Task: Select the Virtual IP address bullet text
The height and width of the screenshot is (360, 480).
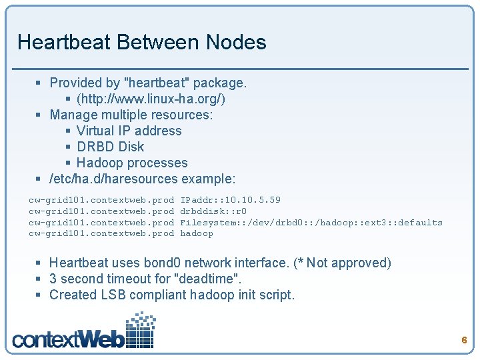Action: point(129,131)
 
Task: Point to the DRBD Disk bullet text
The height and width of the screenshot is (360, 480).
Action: point(110,147)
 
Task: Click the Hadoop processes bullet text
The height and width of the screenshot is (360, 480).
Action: point(132,163)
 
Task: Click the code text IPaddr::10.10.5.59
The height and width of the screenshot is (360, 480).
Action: point(230,200)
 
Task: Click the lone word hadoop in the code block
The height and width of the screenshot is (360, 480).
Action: point(197,233)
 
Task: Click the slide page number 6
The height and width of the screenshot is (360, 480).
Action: point(464,341)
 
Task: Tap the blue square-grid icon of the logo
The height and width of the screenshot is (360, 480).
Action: point(141,329)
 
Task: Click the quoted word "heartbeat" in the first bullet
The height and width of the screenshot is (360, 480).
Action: point(157,83)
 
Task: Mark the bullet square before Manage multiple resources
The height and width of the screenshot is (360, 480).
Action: point(39,115)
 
